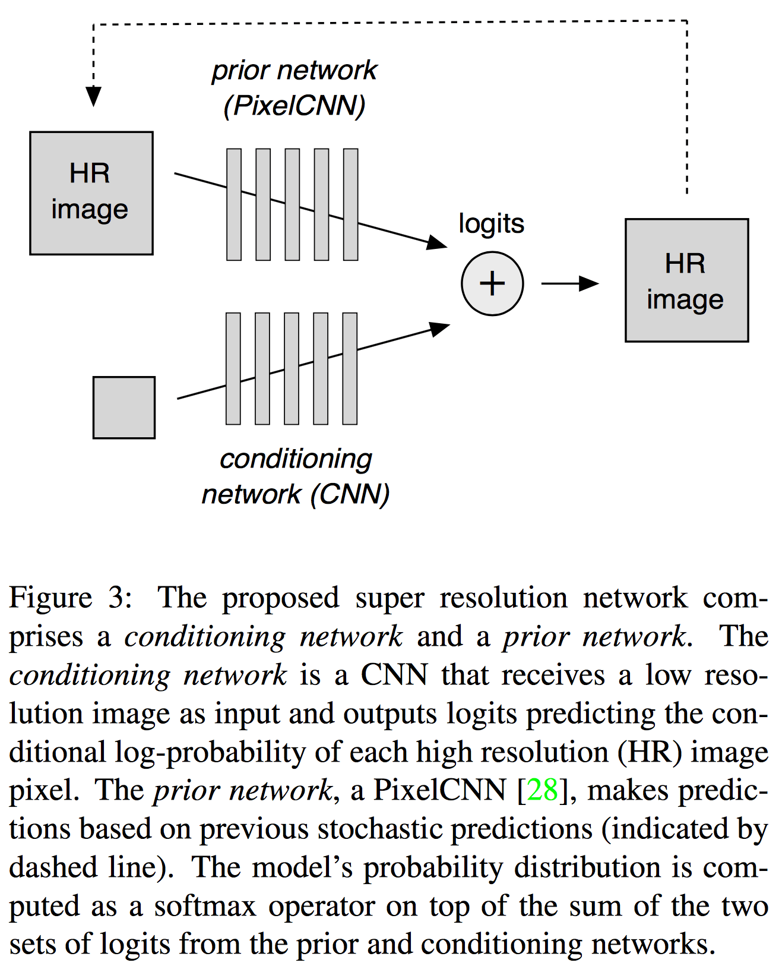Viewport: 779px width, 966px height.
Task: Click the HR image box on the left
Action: (91, 193)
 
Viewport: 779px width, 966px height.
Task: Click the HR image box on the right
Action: (686, 280)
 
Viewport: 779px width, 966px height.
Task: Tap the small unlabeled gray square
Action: (124, 408)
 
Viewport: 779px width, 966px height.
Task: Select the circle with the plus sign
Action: (492, 283)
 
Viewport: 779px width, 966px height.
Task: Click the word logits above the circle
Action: (491, 224)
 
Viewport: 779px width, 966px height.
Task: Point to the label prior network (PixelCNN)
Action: (294, 88)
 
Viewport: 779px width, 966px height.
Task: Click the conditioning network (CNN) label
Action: (295, 476)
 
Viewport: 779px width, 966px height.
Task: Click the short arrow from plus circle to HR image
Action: (569, 283)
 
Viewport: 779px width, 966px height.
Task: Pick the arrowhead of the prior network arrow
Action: (438, 242)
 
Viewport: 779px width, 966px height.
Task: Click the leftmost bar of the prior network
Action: (234, 204)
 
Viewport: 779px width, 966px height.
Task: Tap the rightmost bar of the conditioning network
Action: (350, 368)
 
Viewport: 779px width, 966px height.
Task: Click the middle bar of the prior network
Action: (292, 204)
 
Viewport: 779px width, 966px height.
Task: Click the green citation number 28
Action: (542, 791)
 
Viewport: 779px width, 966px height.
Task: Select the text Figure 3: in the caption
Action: (70, 598)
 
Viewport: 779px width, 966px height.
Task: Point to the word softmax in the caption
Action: (205, 906)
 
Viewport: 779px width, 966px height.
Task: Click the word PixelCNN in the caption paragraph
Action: (439, 791)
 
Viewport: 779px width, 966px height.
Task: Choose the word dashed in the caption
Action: (52, 867)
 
